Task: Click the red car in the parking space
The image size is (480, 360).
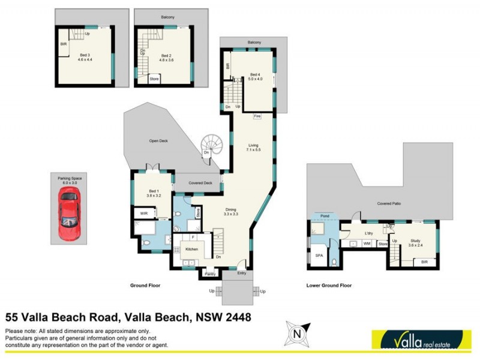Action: [68, 213]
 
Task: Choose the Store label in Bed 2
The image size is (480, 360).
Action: [154, 79]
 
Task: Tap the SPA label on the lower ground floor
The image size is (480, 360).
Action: [319, 255]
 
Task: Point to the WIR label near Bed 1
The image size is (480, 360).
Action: [144, 213]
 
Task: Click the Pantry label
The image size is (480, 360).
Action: [209, 274]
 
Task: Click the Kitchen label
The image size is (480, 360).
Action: [191, 248]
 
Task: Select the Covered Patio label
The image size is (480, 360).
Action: [389, 203]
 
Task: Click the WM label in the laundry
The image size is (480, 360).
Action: [366, 244]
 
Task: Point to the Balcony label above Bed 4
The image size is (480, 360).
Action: [254, 43]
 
